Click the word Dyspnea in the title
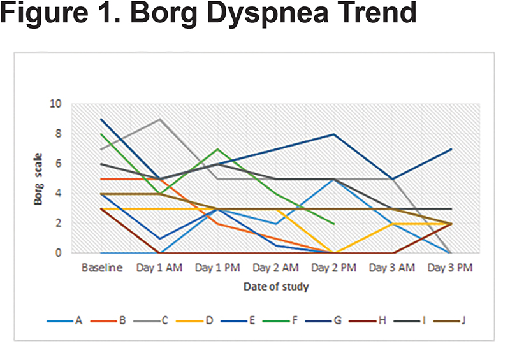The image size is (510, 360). click(x=267, y=13)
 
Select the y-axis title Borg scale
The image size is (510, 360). click(x=38, y=179)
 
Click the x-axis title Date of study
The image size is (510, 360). click(x=276, y=287)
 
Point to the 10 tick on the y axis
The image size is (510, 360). click(x=55, y=104)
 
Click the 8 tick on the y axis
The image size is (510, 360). click(x=58, y=133)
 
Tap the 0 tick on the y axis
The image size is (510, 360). click(x=58, y=253)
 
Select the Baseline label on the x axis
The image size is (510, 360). click(x=102, y=268)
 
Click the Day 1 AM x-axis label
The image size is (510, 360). click(x=159, y=268)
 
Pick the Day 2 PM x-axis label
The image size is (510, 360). click(x=333, y=268)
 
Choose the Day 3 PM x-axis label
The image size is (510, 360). click(x=450, y=268)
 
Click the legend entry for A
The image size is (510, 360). click(x=64, y=320)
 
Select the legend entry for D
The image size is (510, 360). click(x=194, y=320)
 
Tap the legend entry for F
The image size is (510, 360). click(x=280, y=320)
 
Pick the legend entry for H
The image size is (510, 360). click(x=367, y=320)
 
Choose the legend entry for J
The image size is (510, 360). click(x=449, y=320)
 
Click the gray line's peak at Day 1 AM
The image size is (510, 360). click(x=159, y=119)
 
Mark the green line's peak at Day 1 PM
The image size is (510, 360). click(x=217, y=149)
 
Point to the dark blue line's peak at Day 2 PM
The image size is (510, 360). click(x=333, y=134)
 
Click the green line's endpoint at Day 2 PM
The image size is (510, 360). click(x=333, y=224)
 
